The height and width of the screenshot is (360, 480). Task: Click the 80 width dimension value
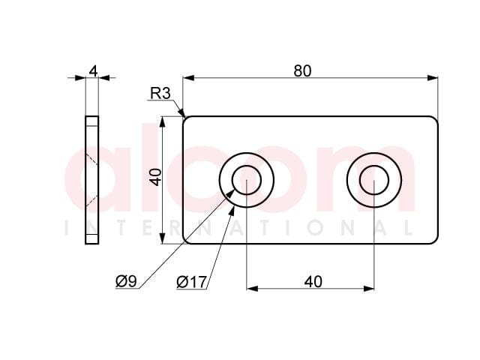[302, 70]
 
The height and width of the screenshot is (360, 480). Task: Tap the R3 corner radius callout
[160, 93]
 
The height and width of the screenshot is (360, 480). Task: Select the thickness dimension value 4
[93, 71]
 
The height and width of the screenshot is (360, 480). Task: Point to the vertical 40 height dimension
[156, 177]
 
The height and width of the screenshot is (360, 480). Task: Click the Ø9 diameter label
[126, 281]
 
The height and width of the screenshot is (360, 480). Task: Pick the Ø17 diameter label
[192, 282]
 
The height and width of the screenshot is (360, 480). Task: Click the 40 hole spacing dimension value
[313, 282]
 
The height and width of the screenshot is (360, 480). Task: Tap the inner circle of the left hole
[247, 166]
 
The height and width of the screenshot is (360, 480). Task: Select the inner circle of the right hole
[374, 166]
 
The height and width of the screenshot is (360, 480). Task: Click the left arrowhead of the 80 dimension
[188, 78]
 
